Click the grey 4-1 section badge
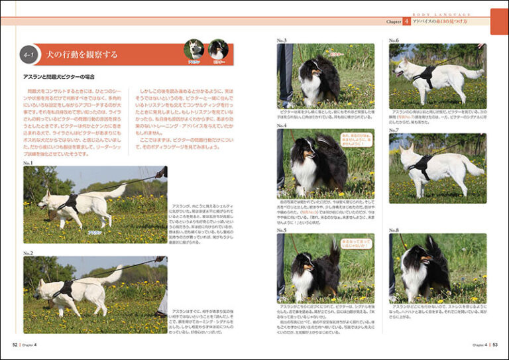(30, 54)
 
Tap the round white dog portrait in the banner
(194, 50)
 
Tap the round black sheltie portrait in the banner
(218, 50)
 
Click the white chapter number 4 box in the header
(406, 22)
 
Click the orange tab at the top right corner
(498, 21)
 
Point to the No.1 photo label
(28, 163)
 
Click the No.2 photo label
(28, 253)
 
